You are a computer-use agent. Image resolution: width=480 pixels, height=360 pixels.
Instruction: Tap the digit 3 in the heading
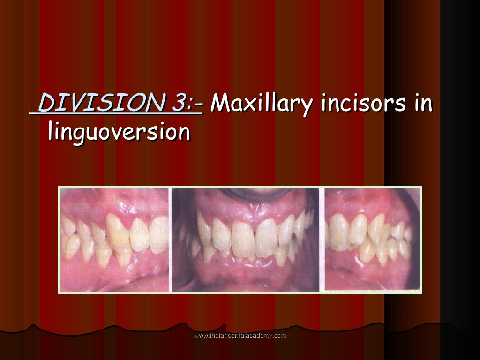177,103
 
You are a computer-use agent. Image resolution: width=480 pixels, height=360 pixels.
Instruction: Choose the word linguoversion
119,132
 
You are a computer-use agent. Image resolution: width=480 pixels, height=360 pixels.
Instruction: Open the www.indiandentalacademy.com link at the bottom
240,336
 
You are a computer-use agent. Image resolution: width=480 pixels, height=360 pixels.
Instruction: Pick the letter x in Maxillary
251,105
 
